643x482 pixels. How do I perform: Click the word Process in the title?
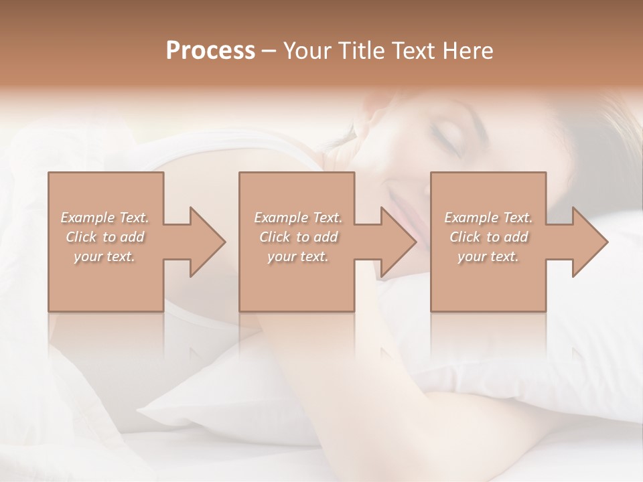tap(210, 51)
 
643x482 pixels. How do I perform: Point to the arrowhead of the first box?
tap(201, 242)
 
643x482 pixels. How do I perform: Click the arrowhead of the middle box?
tap(392, 242)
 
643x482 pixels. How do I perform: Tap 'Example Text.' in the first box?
tap(105, 218)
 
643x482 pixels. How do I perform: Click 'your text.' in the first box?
tap(105, 256)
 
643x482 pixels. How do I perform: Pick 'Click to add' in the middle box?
tap(297, 237)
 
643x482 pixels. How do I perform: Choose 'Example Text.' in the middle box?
tap(297, 218)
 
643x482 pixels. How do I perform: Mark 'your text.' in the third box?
tap(488, 256)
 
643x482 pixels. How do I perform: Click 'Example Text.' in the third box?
tap(488, 218)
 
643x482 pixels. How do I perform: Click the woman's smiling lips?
tap(402, 201)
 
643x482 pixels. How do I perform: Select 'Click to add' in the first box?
tap(105, 237)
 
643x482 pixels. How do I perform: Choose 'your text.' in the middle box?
tap(297, 256)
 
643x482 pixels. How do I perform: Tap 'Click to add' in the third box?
tap(488, 237)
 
